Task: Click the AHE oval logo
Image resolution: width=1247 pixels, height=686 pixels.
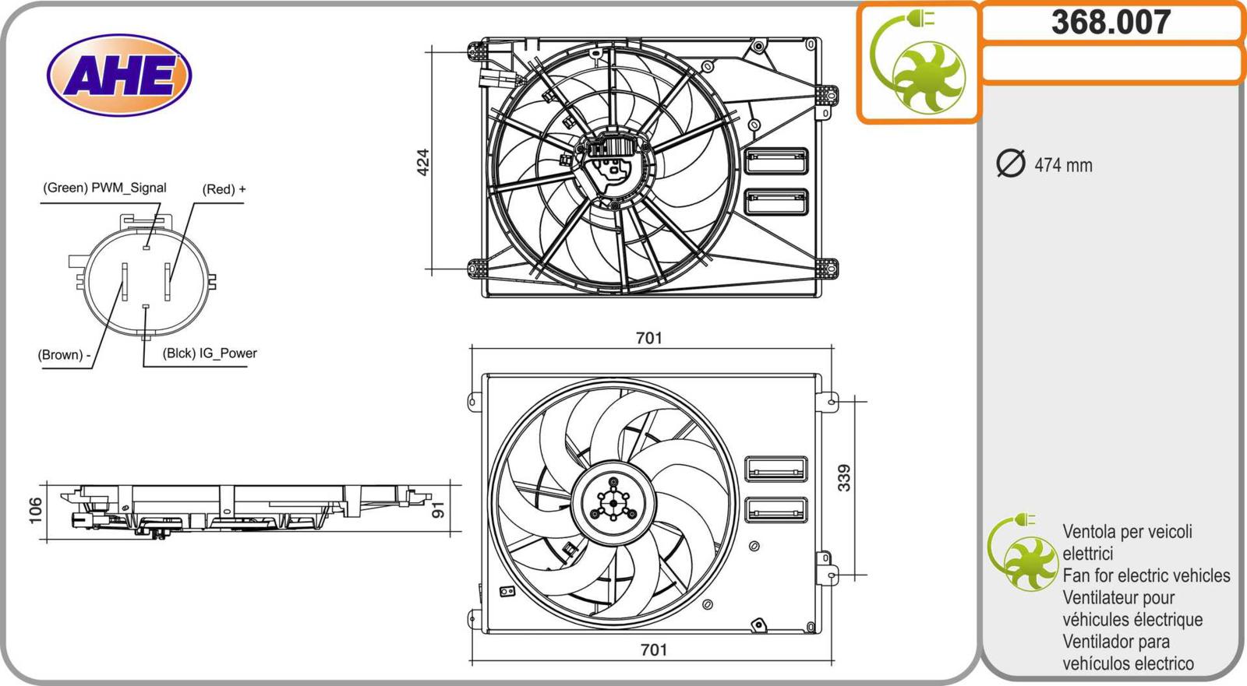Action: tap(119, 75)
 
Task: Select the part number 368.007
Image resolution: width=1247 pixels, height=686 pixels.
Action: tap(1111, 23)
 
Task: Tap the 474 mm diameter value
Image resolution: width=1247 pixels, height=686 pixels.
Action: tap(1063, 165)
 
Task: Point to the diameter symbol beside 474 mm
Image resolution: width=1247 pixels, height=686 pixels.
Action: tap(1010, 164)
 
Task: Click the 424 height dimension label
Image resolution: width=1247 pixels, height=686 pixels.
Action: tap(423, 162)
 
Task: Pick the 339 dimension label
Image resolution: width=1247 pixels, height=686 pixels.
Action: tap(844, 478)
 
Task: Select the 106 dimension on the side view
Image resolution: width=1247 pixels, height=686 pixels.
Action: tap(35, 510)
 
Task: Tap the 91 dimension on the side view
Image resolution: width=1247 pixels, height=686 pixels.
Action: tap(439, 509)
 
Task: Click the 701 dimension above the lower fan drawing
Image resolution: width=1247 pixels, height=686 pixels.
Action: tap(649, 338)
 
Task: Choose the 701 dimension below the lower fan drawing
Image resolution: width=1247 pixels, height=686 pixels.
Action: tap(654, 649)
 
